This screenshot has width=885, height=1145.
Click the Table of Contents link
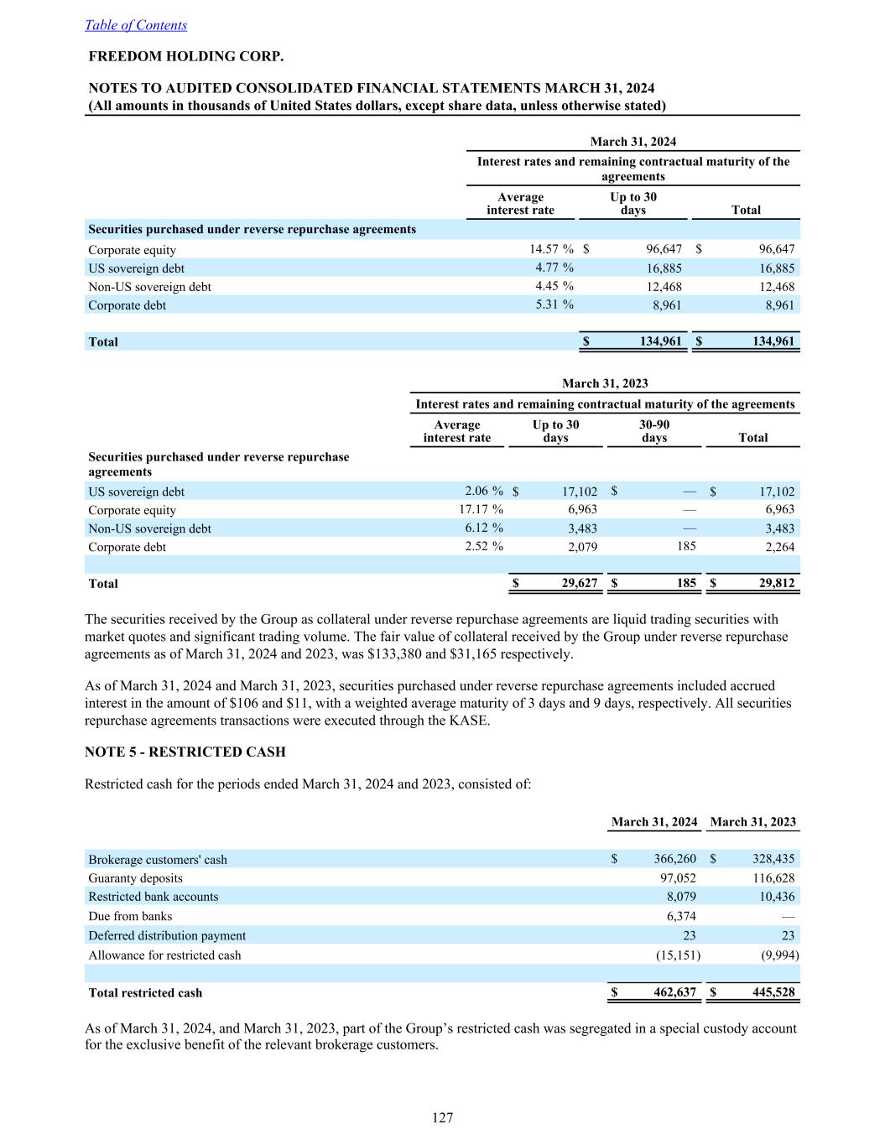click(x=136, y=25)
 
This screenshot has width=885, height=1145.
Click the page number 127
click(x=442, y=1117)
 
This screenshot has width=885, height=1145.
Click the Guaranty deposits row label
click(x=135, y=878)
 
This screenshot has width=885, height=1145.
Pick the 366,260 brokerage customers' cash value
click(x=674, y=859)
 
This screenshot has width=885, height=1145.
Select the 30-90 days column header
click(x=654, y=430)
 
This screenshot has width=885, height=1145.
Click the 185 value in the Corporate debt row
click(x=686, y=546)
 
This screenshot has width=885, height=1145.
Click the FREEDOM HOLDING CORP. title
click(x=186, y=56)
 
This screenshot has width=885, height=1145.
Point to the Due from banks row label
click(x=130, y=916)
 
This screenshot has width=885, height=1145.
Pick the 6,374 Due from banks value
click(x=680, y=916)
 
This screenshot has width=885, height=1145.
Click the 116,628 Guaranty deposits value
click(x=773, y=878)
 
